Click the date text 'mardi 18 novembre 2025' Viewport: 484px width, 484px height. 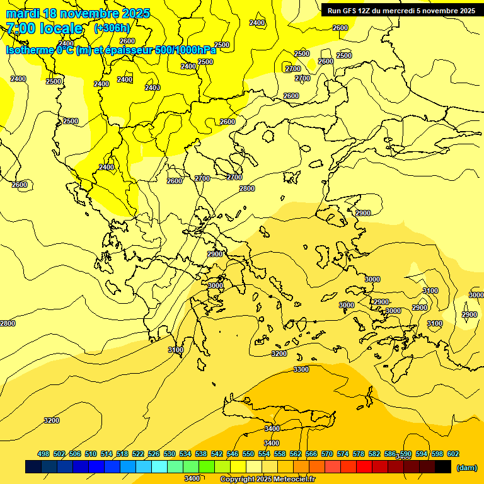[78, 13]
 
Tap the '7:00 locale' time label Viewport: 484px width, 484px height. [44, 28]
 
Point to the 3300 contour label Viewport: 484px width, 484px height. [301, 369]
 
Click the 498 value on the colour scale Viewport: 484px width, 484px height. [43, 454]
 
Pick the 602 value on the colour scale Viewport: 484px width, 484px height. [453, 454]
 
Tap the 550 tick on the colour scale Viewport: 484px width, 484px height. [248, 454]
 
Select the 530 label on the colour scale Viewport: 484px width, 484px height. [170, 454]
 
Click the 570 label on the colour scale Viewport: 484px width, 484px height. [327, 454]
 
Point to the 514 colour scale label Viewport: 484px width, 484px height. [107, 454]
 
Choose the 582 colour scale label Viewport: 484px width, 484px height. [374, 454]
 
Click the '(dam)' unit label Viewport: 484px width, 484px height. [467, 467]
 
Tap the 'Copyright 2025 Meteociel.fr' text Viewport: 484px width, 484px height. [267, 480]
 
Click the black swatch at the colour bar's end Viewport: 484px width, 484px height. [443, 467]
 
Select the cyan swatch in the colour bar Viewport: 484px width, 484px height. [159, 467]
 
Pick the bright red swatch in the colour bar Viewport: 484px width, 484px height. [364, 467]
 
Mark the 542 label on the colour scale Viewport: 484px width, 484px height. [217, 454]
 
